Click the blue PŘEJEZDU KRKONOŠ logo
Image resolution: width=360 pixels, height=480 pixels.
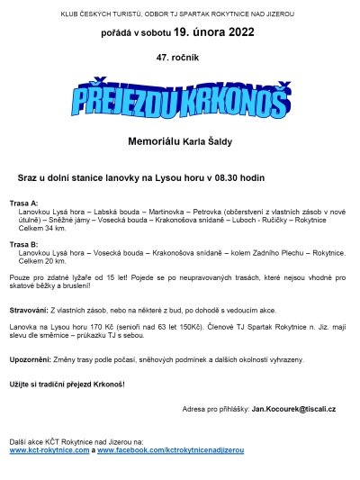[x=180, y=100]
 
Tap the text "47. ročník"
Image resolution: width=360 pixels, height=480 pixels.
[x=179, y=57]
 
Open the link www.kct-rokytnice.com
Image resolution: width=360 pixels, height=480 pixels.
[x=49, y=449]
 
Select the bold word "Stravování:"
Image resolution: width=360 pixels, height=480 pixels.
[x=31, y=309]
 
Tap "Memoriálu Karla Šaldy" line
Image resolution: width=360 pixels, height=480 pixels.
[x=179, y=140]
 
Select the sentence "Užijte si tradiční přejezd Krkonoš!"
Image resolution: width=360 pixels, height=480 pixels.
[x=67, y=384]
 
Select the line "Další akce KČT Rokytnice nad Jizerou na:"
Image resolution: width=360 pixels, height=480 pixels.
[x=76, y=441]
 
